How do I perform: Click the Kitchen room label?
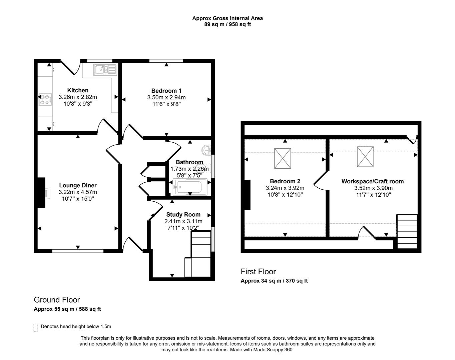78,90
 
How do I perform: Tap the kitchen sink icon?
104,69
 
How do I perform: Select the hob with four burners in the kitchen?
45,99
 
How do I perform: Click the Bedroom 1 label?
166,91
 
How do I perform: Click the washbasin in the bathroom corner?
207,150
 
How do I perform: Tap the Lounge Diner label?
78,185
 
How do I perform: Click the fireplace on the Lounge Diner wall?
41,193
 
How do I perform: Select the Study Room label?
183,215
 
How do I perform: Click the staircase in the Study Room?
200,253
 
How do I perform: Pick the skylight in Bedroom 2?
283,158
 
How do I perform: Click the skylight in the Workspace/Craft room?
365,156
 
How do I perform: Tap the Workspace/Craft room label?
372,181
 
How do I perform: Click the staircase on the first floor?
407,231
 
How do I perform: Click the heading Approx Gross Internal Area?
227,18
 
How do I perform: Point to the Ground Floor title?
57,300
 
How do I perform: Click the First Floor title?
258,271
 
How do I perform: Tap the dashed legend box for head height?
36,327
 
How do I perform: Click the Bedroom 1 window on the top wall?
166,61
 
